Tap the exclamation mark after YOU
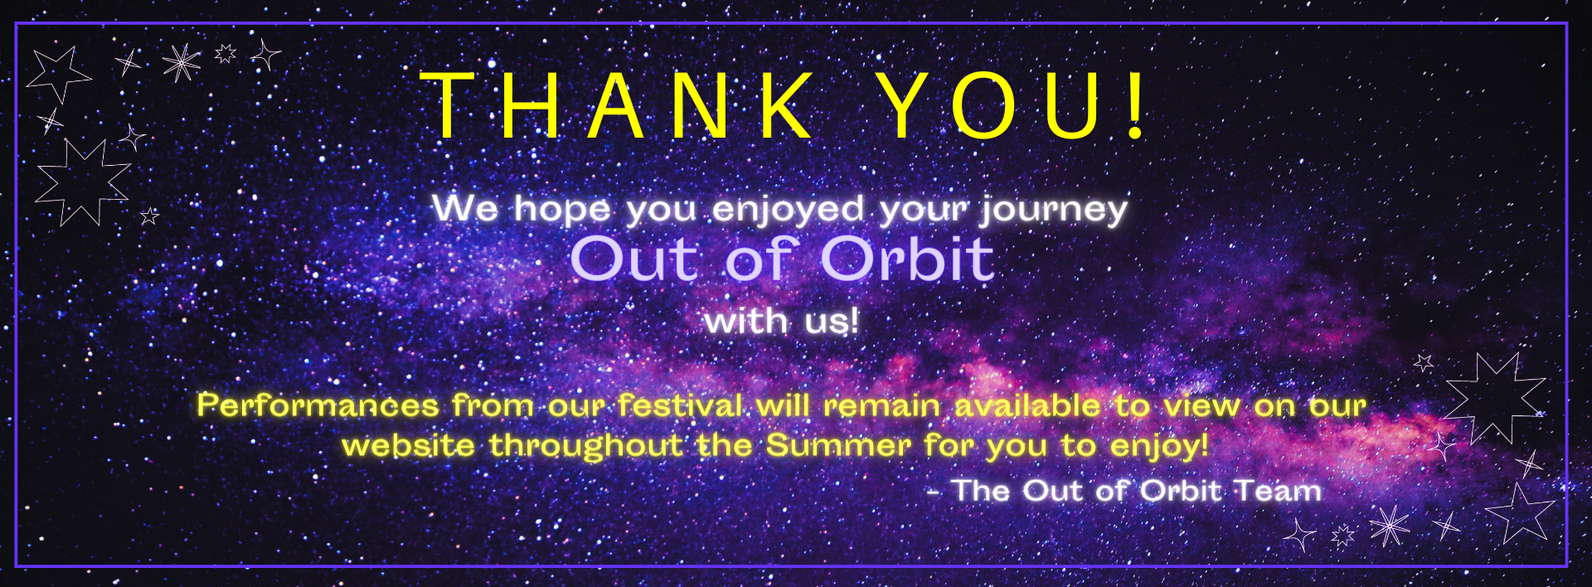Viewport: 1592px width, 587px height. [1136, 105]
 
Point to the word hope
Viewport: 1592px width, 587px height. [562, 210]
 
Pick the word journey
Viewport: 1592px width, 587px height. [1054, 210]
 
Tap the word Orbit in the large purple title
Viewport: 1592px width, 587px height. [907, 259]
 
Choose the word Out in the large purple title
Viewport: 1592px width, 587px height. [634, 259]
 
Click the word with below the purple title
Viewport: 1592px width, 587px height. [745, 321]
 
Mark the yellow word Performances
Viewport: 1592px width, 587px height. [318, 405]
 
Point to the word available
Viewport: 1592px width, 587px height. [1027, 405]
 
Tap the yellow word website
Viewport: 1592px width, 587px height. [408, 445]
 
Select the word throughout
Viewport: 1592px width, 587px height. [586, 447]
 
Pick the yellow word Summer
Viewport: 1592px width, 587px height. [838, 445]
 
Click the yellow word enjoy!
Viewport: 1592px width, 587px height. [1158, 447]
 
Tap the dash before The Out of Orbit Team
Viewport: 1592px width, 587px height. [934, 492]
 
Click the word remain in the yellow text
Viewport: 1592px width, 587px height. [881, 405]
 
